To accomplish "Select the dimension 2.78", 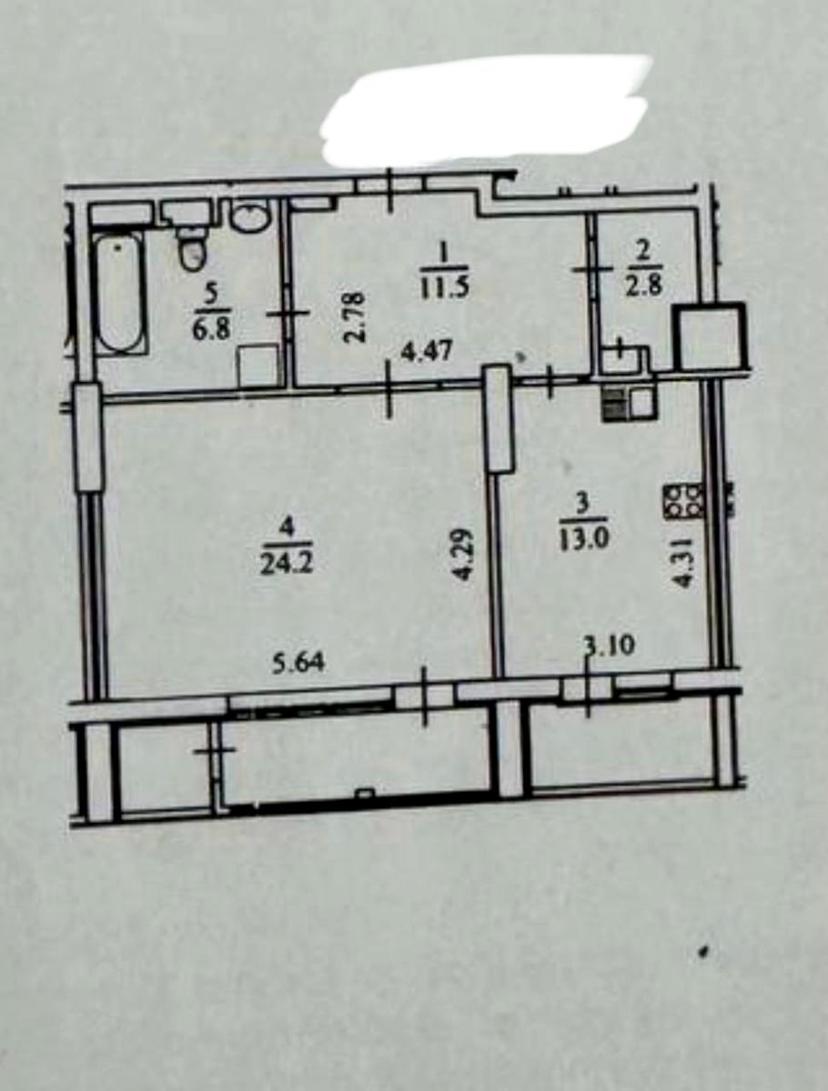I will click(x=355, y=315).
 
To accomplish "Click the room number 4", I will click(x=285, y=525).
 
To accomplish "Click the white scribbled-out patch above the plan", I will click(x=487, y=109).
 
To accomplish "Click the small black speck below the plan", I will click(x=703, y=954).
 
